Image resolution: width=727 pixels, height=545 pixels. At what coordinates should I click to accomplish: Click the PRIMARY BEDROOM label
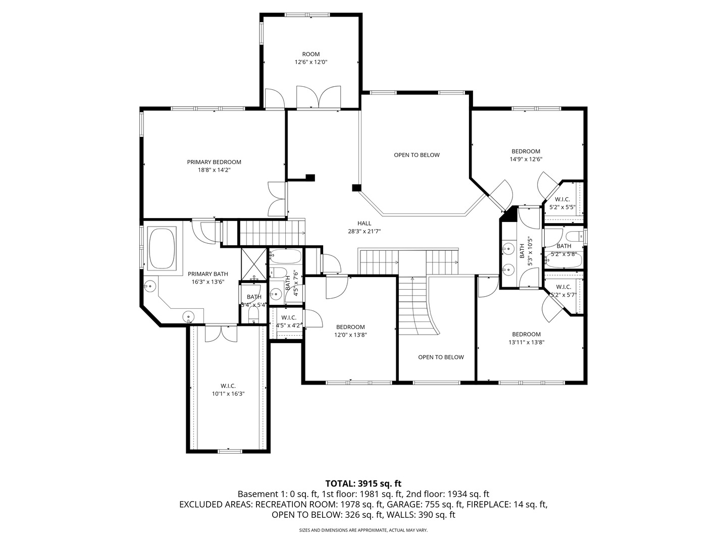[x=214, y=162]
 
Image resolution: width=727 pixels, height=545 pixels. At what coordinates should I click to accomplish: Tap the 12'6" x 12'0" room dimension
[x=311, y=62]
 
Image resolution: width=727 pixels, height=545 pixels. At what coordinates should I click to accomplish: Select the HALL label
[x=364, y=223]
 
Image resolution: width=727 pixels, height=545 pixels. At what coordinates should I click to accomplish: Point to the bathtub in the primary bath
[x=162, y=248]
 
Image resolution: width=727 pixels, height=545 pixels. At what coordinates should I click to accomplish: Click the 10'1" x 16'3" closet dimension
[x=228, y=394]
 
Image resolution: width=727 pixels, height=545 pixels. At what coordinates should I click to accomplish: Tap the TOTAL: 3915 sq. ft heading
[x=363, y=483]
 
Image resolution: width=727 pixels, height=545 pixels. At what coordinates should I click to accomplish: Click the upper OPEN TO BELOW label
[x=417, y=155]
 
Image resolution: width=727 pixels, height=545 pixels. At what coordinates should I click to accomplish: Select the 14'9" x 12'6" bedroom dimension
[x=526, y=159]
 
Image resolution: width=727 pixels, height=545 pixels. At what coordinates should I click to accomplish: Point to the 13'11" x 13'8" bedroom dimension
[x=526, y=342]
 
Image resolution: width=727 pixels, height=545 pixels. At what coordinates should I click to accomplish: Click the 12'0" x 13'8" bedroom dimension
[x=350, y=335]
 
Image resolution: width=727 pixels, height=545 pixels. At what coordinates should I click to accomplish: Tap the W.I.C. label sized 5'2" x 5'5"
[x=562, y=199]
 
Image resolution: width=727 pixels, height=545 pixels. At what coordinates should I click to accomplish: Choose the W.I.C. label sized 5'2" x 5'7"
[x=563, y=287]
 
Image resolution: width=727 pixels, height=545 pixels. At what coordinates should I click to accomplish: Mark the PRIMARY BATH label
[x=207, y=274]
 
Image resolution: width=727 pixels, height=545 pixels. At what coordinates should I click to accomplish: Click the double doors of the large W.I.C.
[x=221, y=333]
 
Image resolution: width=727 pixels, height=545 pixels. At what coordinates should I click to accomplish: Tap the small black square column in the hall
[x=356, y=188]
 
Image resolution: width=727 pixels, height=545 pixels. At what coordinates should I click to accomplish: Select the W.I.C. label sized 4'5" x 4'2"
[x=288, y=317]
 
